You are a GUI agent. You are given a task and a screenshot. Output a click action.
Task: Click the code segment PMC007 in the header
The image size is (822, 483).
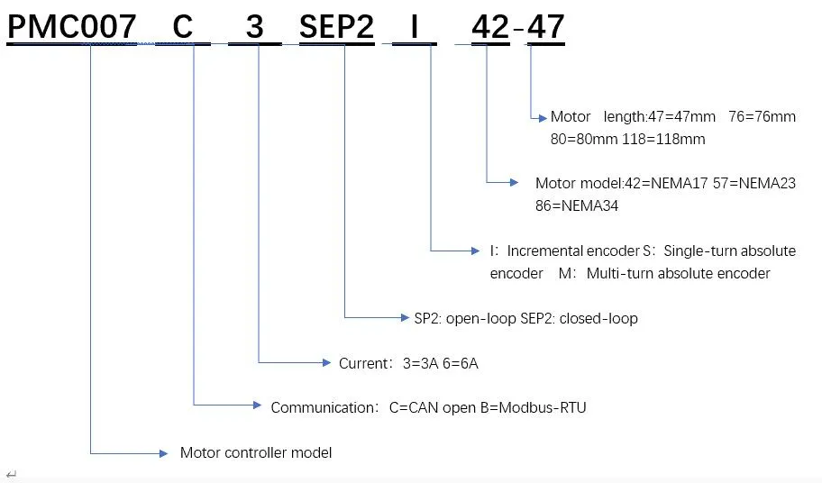(72, 27)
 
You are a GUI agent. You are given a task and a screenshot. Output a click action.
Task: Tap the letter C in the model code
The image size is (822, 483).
(183, 27)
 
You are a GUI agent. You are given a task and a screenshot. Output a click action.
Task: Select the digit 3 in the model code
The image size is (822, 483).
(255, 27)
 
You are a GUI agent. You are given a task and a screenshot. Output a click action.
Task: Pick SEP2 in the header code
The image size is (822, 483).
(336, 27)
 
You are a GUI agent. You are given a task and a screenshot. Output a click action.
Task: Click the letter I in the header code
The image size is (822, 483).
(414, 27)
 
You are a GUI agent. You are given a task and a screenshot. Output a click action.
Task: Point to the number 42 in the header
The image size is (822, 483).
(490, 27)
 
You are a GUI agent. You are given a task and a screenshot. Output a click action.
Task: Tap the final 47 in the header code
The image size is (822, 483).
(545, 27)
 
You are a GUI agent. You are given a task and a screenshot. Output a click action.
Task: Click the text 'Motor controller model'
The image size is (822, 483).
(256, 452)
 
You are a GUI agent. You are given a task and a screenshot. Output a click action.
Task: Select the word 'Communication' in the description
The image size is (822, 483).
(322, 407)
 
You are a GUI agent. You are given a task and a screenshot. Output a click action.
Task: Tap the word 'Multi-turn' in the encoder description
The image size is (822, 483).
(618, 273)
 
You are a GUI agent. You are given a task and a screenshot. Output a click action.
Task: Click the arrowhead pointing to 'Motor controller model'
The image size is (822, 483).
(163, 452)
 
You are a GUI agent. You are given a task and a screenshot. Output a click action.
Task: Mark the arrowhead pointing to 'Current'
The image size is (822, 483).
(328, 362)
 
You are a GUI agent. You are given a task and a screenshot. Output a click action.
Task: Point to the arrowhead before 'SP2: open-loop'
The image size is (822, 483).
(405, 317)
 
